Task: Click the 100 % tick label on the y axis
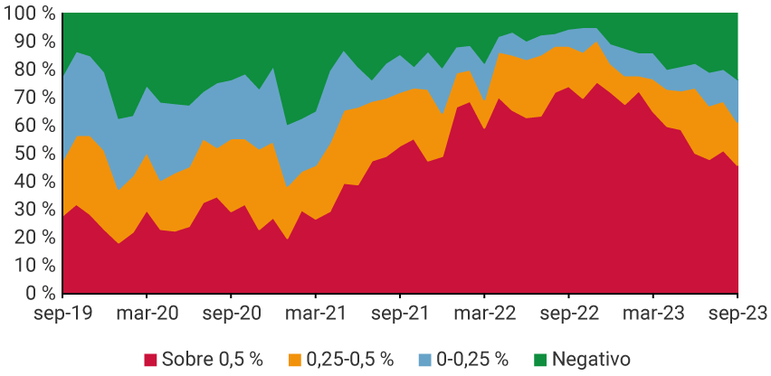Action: [28, 14]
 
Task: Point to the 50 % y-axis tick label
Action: [33, 154]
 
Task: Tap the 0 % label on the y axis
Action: [39, 294]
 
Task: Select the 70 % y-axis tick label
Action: [33, 98]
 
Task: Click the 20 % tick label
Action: [33, 238]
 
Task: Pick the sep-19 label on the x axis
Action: [63, 315]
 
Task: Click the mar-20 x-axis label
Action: [147, 315]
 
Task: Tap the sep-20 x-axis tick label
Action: [231, 315]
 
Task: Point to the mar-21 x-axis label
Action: [315, 315]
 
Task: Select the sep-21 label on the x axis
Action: [400, 315]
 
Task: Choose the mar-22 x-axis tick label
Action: [484, 315]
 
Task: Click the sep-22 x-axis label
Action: [568, 315]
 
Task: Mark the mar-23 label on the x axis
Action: [652, 315]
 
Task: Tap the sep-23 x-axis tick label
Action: [738, 315]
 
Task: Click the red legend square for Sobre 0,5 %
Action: [150, 360]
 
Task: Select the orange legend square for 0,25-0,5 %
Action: [296, 360]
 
